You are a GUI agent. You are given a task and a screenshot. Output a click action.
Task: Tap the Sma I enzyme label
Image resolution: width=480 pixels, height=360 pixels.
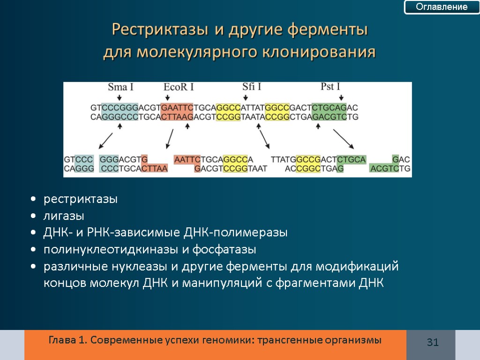[120, 87]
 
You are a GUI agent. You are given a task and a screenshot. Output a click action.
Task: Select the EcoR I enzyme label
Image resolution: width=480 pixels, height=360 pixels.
[179, 87]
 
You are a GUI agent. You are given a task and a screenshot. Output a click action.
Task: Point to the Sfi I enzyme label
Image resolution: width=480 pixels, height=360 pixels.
[252, 87]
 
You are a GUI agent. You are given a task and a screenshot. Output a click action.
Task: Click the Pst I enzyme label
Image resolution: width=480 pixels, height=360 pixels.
[330, 87]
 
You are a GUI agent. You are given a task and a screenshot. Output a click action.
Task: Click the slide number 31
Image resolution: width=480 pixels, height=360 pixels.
[432, 343]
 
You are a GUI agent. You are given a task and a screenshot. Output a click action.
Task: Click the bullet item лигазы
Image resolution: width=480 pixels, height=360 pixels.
[64, 216]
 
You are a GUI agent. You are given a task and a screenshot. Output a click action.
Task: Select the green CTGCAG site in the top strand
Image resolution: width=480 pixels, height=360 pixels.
[329, 107]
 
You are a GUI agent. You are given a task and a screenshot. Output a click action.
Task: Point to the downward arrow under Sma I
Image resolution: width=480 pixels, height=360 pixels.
[120, 97]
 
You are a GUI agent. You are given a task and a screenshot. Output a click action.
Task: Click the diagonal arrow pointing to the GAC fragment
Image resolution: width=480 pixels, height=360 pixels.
[344, 139]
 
